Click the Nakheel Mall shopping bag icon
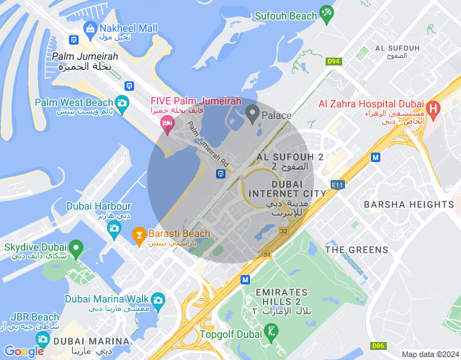point(90,28)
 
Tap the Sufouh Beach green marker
point(327,12)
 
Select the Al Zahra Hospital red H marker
point(433,109)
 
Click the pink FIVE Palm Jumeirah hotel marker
point(167,125)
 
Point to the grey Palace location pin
point(252,112)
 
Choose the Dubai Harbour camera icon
point(114,228)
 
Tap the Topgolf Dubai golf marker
point(271,332)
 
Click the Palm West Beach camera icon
point(122,103)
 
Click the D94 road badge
point(333,61)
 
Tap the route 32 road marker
point(284,231)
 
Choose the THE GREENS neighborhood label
point(357,250)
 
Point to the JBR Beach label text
point(35,317)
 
